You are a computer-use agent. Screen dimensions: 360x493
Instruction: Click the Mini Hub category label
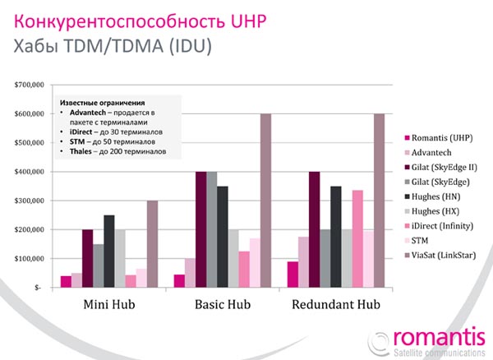(108, 306)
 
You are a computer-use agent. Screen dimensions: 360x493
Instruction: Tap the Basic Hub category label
(223, 306)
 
